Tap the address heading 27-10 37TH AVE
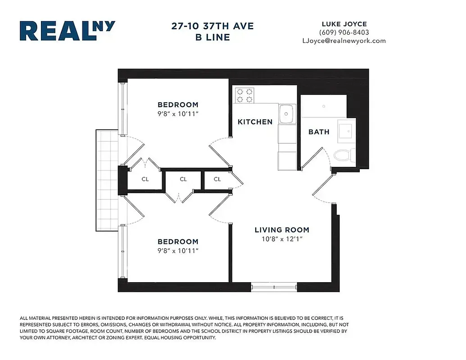pyautogui.click(x=213, y=26)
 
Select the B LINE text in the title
pyautogui.click(x=213, y=37)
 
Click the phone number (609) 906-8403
pyautogui.click(x=344, y=32)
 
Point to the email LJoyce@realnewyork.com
pyautogui.click(x=344, y=40)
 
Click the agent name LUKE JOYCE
pyautogui.click(x=344, y=23)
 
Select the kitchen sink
pyautogui.click(x=286, y=114)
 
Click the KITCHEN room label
pyautogui.click(x=255, y=122)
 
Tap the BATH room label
pyautogui.click(x=319, y=132)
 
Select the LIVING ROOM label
pyautogui.click(x=282, y=230)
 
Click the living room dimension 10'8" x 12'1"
pyautogui.click(x=282, y=239)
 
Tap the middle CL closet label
pyautogui.click(x=183, y=179)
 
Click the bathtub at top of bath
pyautogui.click(x=323, y=107)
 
